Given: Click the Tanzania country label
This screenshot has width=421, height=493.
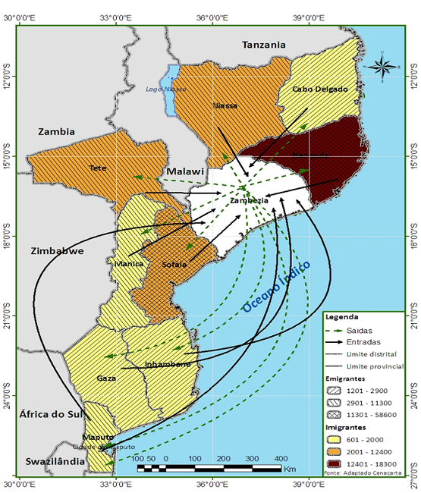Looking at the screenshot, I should [x=264, y=46].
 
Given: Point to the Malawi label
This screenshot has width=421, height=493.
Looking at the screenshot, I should [x=186, y=172].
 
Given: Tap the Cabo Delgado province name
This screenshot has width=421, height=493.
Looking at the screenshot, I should [x=320, y=89].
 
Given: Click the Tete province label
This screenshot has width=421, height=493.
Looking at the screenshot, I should [x=96, y=168].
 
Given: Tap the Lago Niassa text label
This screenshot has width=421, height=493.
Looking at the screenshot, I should [x=166, y=89].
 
